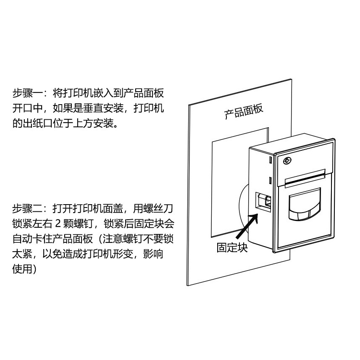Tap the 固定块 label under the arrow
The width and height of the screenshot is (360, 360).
tap(232, 247)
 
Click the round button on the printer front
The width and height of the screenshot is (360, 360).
tap(288, 160)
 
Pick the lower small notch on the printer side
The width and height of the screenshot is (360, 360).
tap(269, 181)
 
